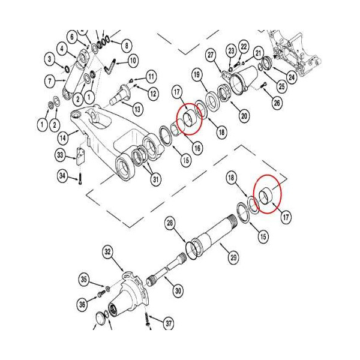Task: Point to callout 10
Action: coord(132,60)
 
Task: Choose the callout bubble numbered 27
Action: coord(211,55)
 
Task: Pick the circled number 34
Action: coord(62,176)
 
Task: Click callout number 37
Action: coord(169,324)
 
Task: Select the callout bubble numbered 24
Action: coord(291,76)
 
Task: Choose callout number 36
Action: coord(82,304)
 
